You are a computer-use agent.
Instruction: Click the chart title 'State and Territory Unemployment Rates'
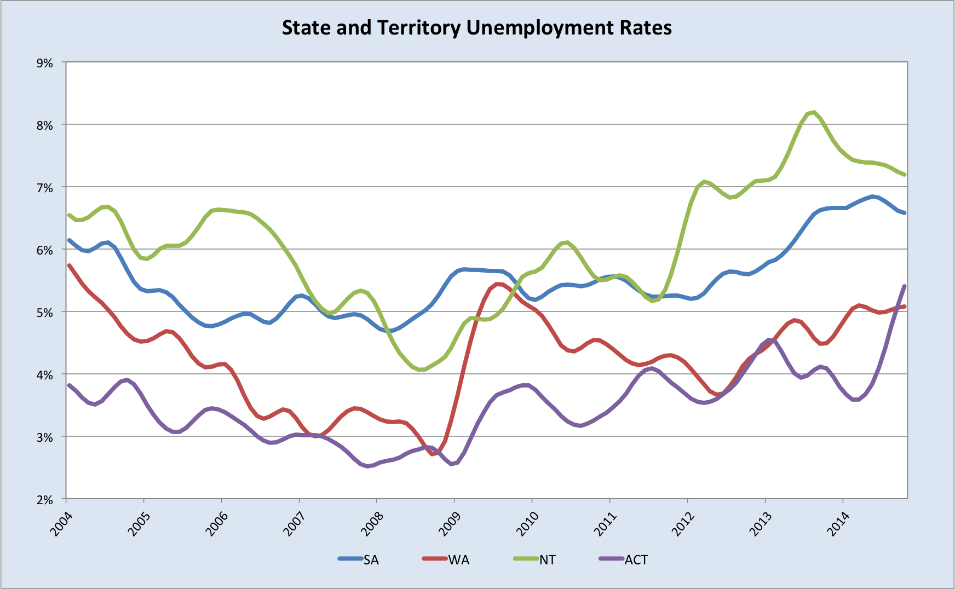pos(476,27)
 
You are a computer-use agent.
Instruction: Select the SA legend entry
pos(371,559)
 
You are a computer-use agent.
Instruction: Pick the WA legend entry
pos(459,559)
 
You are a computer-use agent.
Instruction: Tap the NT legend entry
pos(547,559)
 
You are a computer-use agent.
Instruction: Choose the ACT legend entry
pos(636,559)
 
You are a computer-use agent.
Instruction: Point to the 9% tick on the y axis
pos(44,63)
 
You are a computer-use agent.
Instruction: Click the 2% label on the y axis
pos(44,500)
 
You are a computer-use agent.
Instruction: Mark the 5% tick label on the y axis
pos(44,313)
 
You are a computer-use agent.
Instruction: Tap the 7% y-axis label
pos(44,188)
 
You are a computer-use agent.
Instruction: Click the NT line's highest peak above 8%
pos(814,112)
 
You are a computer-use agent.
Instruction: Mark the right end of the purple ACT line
pos(905,286)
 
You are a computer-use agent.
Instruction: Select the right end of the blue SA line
pos(905,213)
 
